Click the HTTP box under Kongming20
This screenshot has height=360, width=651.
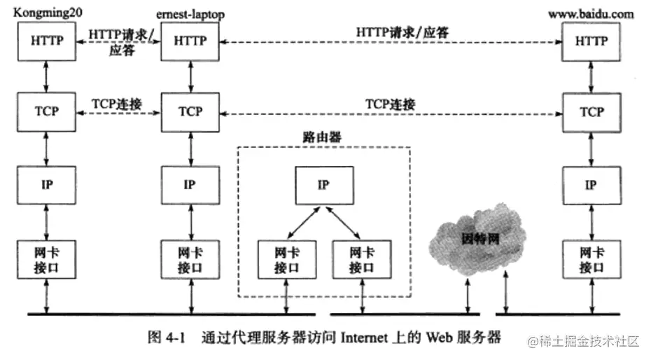[47, 41]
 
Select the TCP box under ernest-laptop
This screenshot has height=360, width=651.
[190, 111]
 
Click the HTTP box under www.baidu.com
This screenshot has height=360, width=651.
[591, 41]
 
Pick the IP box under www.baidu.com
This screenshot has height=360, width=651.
[591, 185]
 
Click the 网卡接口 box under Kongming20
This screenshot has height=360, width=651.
[47, 258]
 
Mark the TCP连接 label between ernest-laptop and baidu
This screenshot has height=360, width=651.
[390, 104]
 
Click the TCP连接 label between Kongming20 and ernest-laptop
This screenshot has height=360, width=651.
[117, 104]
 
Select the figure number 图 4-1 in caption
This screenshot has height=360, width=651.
[164, 338]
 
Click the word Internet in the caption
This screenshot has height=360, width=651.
[366, 338]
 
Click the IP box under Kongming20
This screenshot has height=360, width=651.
[47, 185]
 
